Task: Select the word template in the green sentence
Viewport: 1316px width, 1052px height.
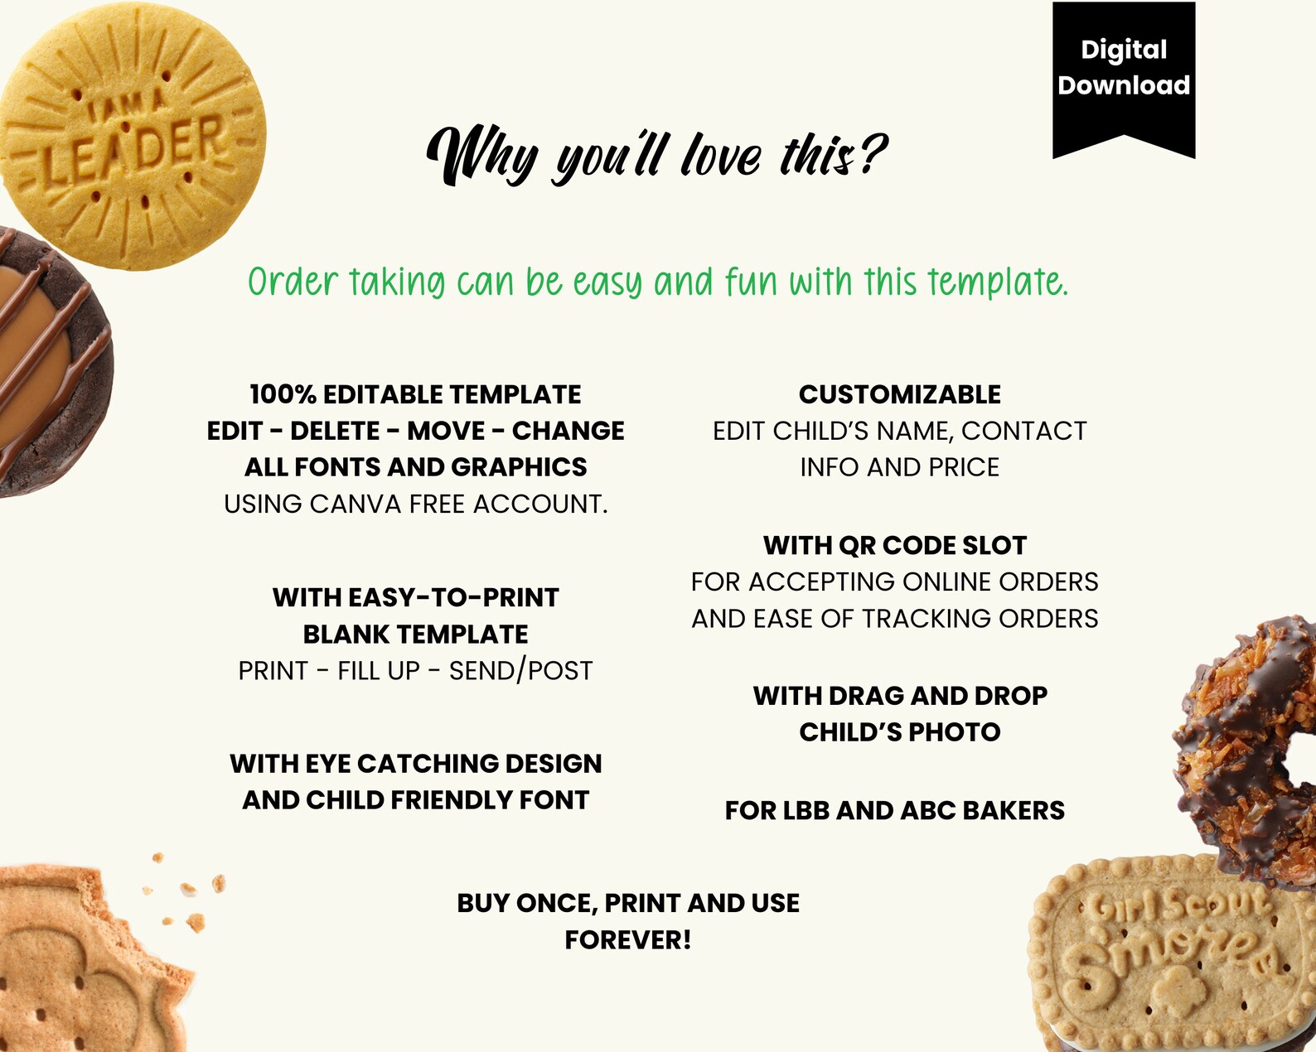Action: tap(996, 283)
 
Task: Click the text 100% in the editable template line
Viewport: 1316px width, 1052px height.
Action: tap(283, 394)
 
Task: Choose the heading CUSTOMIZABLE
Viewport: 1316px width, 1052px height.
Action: tap(899, 394)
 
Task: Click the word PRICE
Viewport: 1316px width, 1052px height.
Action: tap(964, 467)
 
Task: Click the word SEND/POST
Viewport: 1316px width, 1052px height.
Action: tap(520, 670)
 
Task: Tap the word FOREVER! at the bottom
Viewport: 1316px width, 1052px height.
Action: tap(627, 940)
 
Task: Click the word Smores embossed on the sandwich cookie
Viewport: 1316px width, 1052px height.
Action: tap(1168, 953)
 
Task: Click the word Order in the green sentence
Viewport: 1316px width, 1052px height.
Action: tap(293, 283)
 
